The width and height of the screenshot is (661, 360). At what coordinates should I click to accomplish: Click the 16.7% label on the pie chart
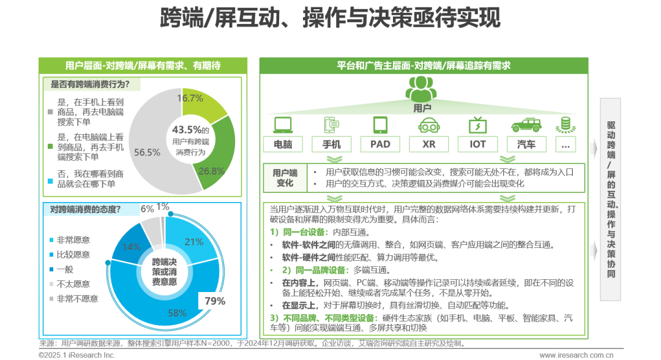point(190,98)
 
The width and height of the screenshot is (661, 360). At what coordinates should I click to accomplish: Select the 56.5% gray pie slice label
point(147,152)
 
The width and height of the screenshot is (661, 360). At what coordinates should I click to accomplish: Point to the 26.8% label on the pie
point(211,171)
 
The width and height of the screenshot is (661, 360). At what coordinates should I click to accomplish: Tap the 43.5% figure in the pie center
point(187,130)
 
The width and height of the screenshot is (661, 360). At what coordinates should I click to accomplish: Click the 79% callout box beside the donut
point(215,301)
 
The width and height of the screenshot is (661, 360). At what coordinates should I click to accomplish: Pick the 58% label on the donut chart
point(177,313)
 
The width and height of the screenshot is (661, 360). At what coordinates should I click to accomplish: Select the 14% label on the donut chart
point(132,247)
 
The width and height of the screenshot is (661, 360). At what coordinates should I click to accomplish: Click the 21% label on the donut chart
point(193,241)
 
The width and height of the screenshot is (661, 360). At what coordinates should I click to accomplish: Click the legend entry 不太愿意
point(69,284)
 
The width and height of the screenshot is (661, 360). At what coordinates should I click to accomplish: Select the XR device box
point(428,144)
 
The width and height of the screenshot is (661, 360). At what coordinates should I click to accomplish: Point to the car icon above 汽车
point(526,125)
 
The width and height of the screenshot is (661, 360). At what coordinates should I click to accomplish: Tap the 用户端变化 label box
point(285,178)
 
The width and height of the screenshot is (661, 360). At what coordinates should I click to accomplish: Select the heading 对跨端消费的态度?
point(85,209)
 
